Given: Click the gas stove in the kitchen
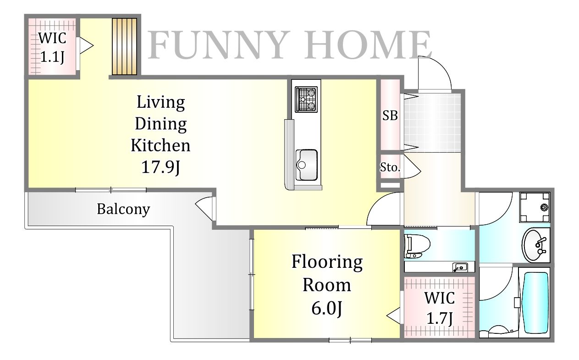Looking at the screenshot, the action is [x=306, y=100].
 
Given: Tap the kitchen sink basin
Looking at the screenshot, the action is [x=307, y=165].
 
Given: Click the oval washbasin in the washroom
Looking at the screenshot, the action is [x=535, y=245].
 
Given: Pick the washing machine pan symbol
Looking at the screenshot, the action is [x=535, y=207].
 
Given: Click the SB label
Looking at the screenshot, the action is [x=390, y=116].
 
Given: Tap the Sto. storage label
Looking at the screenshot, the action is [x=390, y=167].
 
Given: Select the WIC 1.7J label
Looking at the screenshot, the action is [x=440, y=308].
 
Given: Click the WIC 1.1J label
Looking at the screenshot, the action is [x=52, y=47].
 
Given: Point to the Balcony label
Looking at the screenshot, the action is [x=123, y=209].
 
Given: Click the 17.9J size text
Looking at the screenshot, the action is [x=160, y=167].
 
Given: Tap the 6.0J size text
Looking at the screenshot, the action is [x=327, y=308].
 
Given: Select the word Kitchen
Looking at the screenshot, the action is [x=160, y=145].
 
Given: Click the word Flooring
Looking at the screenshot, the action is [x=327, y=262].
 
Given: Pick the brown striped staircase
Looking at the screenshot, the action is [x=124, y=46].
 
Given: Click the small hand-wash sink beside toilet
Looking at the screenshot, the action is [x=460, y=267].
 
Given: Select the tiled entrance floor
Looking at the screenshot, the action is [x=432, y=122].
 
